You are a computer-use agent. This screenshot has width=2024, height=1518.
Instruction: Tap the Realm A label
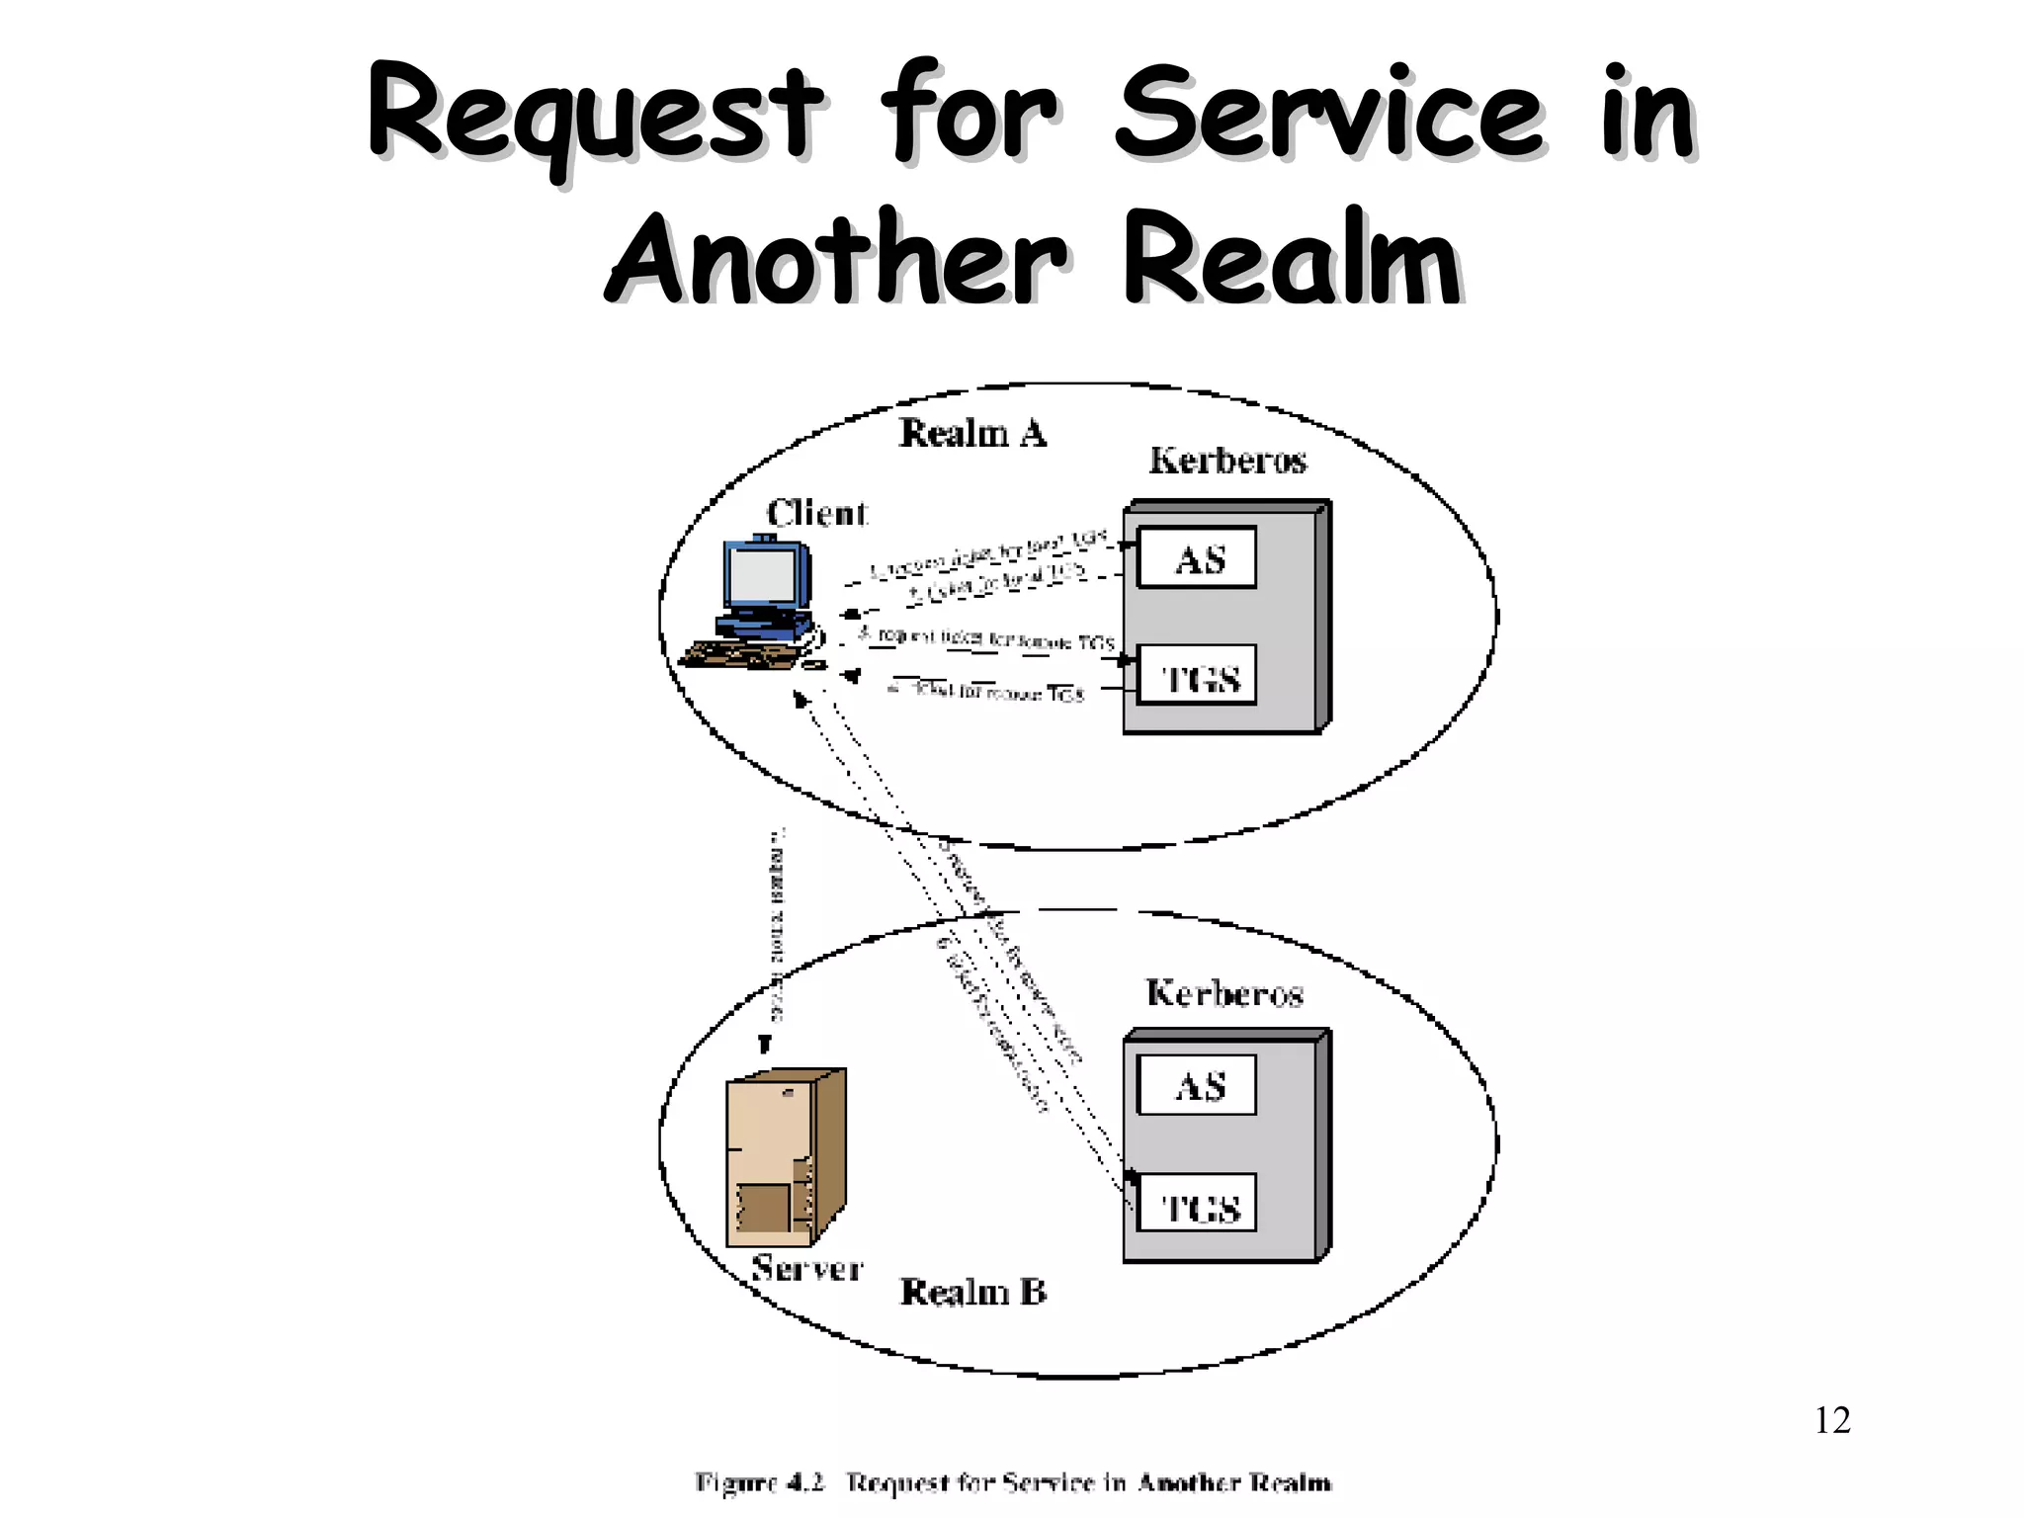pos(971,433)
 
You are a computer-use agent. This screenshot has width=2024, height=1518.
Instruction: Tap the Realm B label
pos(972,1292)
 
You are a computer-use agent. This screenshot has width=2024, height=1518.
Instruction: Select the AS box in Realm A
pos(1197,558)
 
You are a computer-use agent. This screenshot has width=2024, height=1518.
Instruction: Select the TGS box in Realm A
pos(1197,676)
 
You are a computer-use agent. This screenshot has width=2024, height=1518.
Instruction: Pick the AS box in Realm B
pos(1197,1085)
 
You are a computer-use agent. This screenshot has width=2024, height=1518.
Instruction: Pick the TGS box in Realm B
pos(1197,1204)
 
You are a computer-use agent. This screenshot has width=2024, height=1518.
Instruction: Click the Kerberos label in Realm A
pos(1227,461)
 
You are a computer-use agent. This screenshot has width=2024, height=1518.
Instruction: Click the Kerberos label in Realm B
pos(1224,993)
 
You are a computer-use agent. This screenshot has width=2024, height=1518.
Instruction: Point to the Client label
pos(816,513)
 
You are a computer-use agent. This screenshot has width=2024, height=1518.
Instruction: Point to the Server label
pos(806,1268)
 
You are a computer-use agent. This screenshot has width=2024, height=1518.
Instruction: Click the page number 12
pos(1832,1420)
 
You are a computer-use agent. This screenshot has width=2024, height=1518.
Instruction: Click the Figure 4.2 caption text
pos(1012,1482)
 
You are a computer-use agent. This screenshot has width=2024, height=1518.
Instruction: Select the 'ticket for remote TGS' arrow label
pos(988,692)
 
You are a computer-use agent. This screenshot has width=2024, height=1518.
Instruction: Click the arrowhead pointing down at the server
pos(764,1045)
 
